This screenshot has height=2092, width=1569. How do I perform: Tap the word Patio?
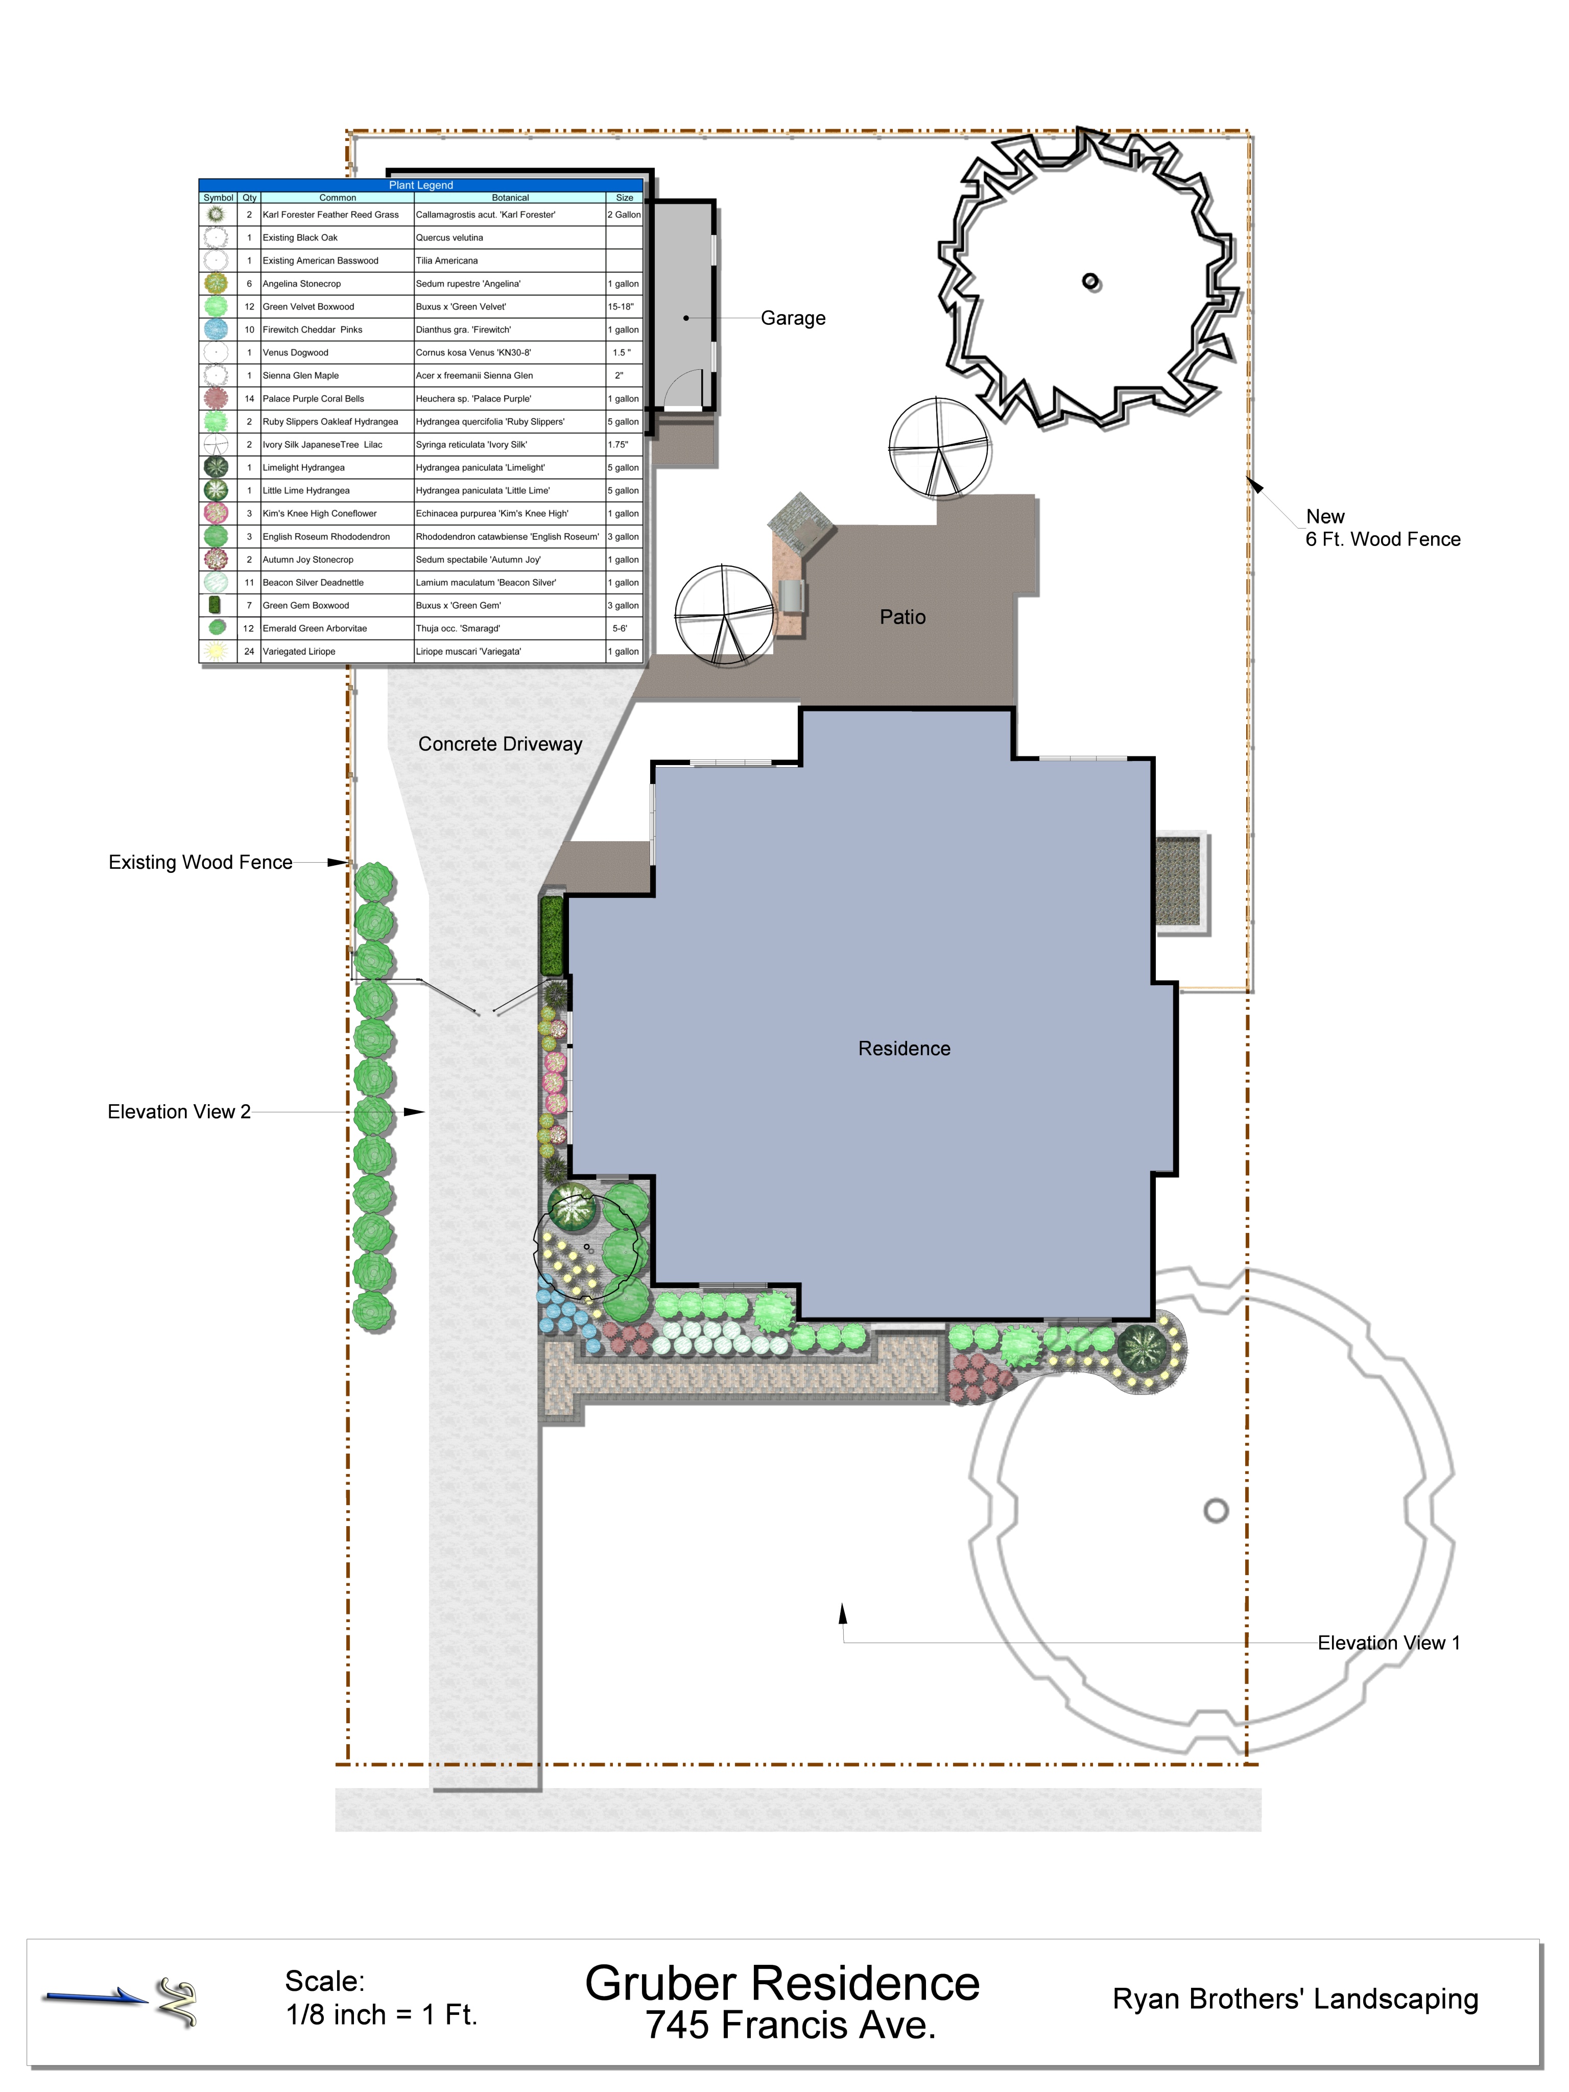[x=902, y=616]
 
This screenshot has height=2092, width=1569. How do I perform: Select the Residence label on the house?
[x=904, y=1048]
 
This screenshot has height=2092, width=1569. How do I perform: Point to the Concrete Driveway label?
[x=501, y=744]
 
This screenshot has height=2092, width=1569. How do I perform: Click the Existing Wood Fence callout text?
[x=201, y=863]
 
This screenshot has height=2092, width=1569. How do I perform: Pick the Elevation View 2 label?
[x=179, y=1112]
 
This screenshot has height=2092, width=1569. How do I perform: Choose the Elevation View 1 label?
[x=1388, y=1643]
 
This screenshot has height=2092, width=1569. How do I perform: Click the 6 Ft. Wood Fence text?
[x=1383, y=539]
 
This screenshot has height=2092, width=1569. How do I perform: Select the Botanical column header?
[x=510, y=198]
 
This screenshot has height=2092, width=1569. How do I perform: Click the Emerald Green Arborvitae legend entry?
[x=315, y=628]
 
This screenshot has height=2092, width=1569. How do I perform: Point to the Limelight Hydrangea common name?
[x=303, y=467]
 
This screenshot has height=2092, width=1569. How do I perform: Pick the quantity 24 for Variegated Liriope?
[x=250, y=652]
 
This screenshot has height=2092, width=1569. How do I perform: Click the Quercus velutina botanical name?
[x=449, y=237]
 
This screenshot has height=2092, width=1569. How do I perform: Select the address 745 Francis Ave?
[x=791, y=2025]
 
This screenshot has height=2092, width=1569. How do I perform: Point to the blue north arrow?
[x=94, y=1995]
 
